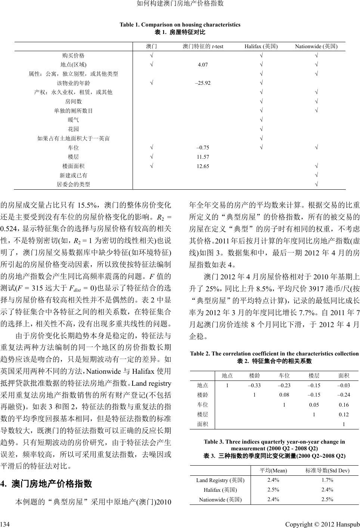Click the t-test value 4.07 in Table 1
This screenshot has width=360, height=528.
(203, 65)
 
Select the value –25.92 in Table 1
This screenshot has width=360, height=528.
(203, 83)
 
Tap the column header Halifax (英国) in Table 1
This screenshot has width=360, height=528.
(261, 47)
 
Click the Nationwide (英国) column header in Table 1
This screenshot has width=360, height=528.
(316, 47)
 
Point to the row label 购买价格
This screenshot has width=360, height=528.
(73, 56)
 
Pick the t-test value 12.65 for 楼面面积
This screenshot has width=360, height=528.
(203, 166)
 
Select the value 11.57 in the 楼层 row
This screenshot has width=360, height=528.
(203, 157)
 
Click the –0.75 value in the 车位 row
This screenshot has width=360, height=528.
(203, 148)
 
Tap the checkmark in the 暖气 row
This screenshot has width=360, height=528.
(261, 120)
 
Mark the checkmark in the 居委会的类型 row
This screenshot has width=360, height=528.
(316, 184)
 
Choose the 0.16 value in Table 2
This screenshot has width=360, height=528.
(344, 405)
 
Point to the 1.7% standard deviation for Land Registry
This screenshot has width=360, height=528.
(327, 480)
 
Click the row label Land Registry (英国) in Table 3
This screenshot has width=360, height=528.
(220, 480)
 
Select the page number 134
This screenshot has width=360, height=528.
(4, 524)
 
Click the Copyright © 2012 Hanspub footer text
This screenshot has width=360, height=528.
(322, 524)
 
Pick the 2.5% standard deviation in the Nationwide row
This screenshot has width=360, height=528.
(327, 500)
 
